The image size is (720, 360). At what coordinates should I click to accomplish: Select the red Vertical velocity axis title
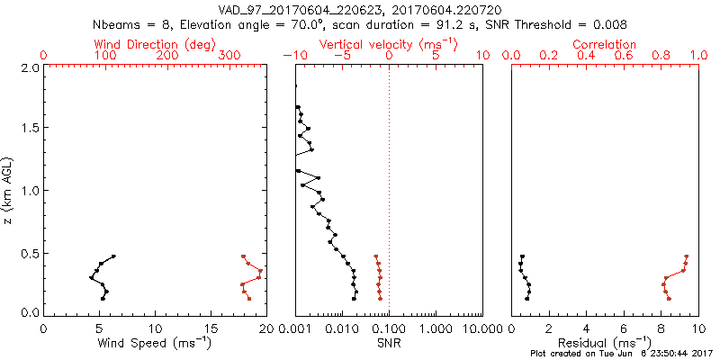[388, 44]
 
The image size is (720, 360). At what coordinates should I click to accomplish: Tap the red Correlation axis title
[605, 44]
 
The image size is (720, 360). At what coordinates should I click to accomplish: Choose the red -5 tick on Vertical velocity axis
[339, 56]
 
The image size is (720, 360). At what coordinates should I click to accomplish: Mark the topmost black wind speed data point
[113, 256]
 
